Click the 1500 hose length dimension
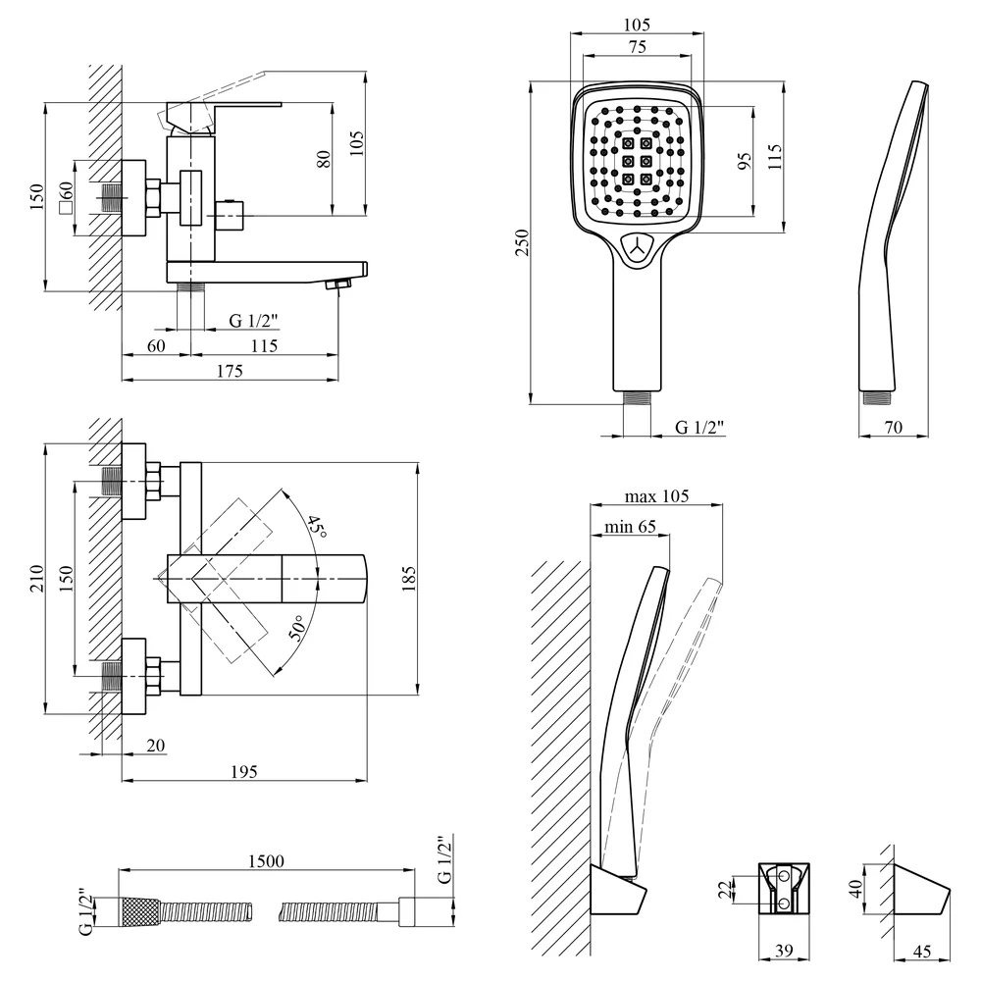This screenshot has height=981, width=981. pos(266,861)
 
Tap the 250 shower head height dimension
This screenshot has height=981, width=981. pos(522,242)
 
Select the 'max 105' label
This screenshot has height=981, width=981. pos(656,496)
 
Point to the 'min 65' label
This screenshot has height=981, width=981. pos(630,527)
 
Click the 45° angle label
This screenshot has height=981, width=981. pos(317,527)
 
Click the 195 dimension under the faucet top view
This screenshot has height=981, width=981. pos(243,771)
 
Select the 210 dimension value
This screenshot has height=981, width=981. pos(37,578)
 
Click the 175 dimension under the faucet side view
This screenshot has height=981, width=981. pos(230,371)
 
